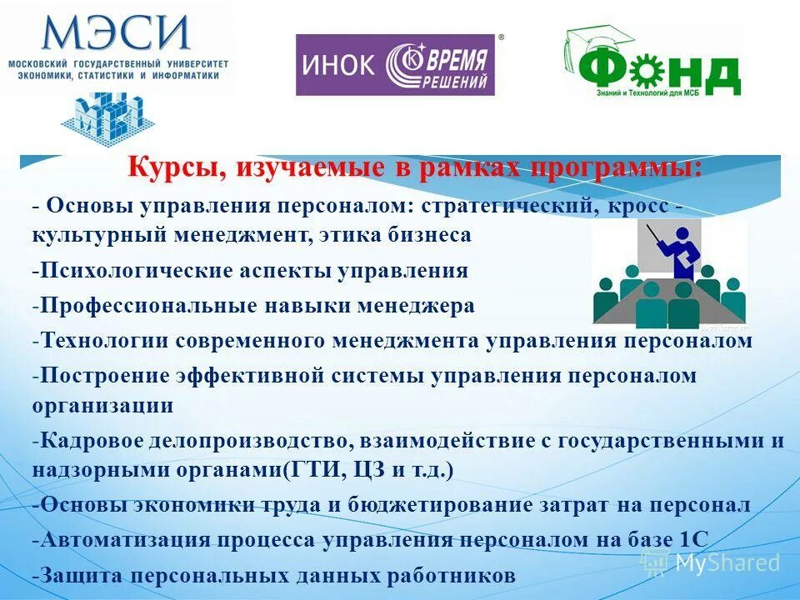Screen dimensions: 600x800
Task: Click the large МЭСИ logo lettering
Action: [117, 33]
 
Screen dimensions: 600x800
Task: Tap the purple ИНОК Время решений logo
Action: [396, 65]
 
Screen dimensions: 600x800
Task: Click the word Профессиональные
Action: [150, 305]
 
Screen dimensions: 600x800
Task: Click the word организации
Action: [103, 406]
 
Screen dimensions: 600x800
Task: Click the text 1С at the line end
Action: [693, 539]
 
